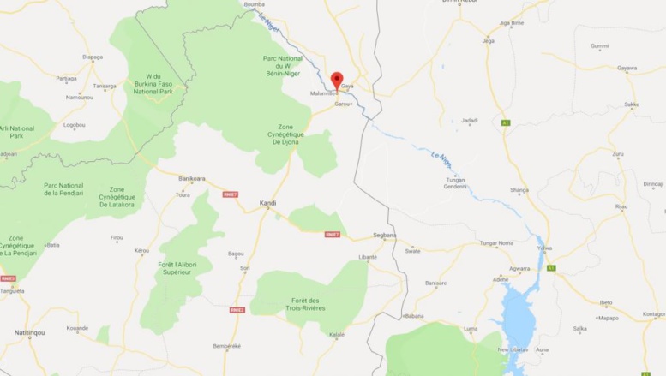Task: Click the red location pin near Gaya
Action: pos(337,78)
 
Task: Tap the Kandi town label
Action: pos(267,203)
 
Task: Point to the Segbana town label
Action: pos(386,235)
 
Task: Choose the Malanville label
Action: pos(323,93)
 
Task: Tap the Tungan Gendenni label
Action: pos(456,182)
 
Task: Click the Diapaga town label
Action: pos(93,57)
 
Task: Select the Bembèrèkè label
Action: pos(225,345)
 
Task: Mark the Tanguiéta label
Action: pos(13,290)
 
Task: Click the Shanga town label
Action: pos(519,190)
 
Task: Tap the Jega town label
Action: pos(489,40)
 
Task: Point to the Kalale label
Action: pos(338,334)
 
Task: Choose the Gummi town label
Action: pos(600,46)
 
